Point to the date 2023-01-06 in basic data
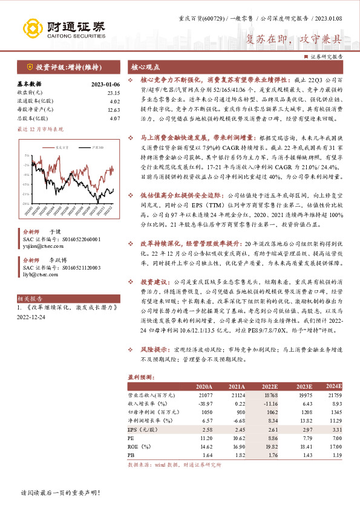point(106,84)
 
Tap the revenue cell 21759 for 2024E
point(333,394)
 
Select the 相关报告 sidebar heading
point(30,299)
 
